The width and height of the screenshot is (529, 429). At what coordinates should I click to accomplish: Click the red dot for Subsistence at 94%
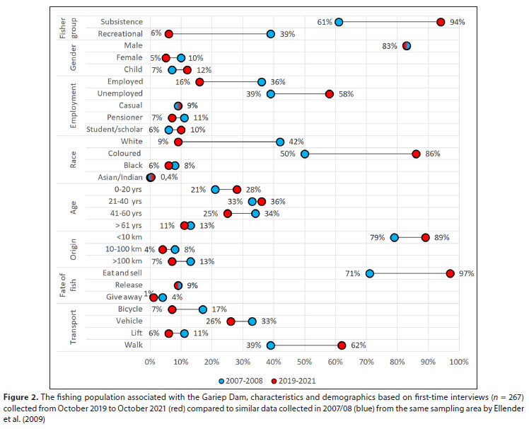click(x=441, y=22)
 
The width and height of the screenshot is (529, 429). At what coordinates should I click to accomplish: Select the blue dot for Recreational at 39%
click(x=271, y=34)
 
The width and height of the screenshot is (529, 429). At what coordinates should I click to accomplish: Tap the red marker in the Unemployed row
click(x=330, y=93)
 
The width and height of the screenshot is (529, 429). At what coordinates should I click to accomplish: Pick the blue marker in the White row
click(x=280, y=142)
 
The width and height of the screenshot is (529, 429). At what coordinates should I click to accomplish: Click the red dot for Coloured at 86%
click(x=416, y=154)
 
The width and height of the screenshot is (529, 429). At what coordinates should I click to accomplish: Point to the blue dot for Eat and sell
click(x=370, y=273)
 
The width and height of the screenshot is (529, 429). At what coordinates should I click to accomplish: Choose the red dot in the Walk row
click(x=342, y=345)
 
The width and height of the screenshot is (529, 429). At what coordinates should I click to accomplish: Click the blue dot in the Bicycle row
click(x=203, y=309)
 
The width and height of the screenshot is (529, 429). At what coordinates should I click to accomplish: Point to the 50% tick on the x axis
click(x=305, y=362)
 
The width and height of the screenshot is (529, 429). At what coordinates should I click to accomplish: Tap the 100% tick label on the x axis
click(x=458, y=362)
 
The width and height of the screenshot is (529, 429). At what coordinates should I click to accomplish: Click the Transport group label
click(x=73, y=327)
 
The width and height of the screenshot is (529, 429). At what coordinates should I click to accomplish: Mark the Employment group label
click(x=73, y=105)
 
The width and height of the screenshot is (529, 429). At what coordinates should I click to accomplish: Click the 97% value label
click(x=465, y=273)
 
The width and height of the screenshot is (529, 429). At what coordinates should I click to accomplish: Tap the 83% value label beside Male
click(x=390, y=46)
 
